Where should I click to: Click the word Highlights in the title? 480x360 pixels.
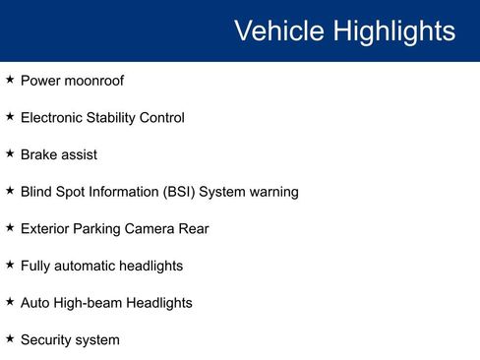click(x=393, y=30)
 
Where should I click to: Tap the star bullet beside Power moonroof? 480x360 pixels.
click(x=10, y=80)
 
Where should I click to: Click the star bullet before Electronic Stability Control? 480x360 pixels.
click(x=10, y=117)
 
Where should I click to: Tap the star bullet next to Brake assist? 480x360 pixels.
click(x=10, y=154)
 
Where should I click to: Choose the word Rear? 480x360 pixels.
click(x=194, y=229)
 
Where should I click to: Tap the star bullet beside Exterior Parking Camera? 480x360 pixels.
click(x=10, y=228)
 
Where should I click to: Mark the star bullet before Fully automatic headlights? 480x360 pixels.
click(x=10, y=266)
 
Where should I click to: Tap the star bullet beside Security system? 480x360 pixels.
click(x=10, y=339)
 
